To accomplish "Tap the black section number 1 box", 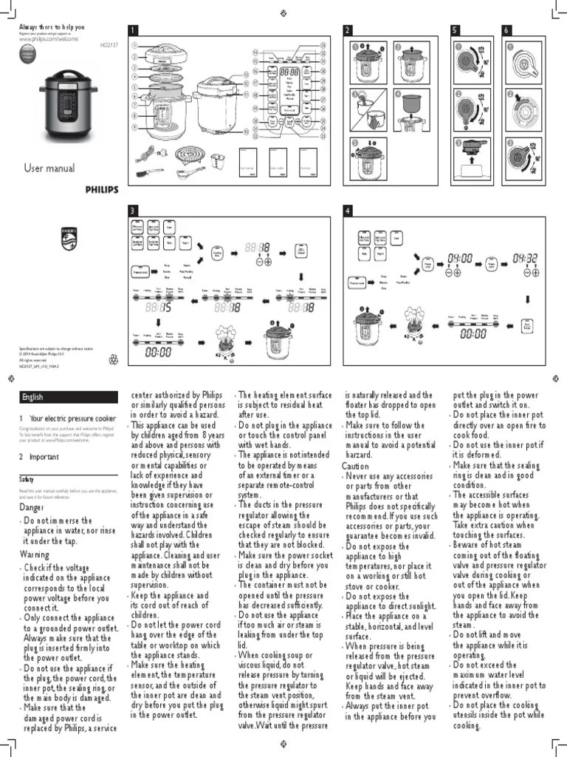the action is point(133,30).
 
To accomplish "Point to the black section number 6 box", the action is point(506,30).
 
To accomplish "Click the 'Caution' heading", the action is point(355,466).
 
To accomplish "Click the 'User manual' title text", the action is point(50,169).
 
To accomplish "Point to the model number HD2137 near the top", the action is point(108,45).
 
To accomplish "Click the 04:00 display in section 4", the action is point(460,259).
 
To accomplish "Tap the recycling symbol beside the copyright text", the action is point(113,359).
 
